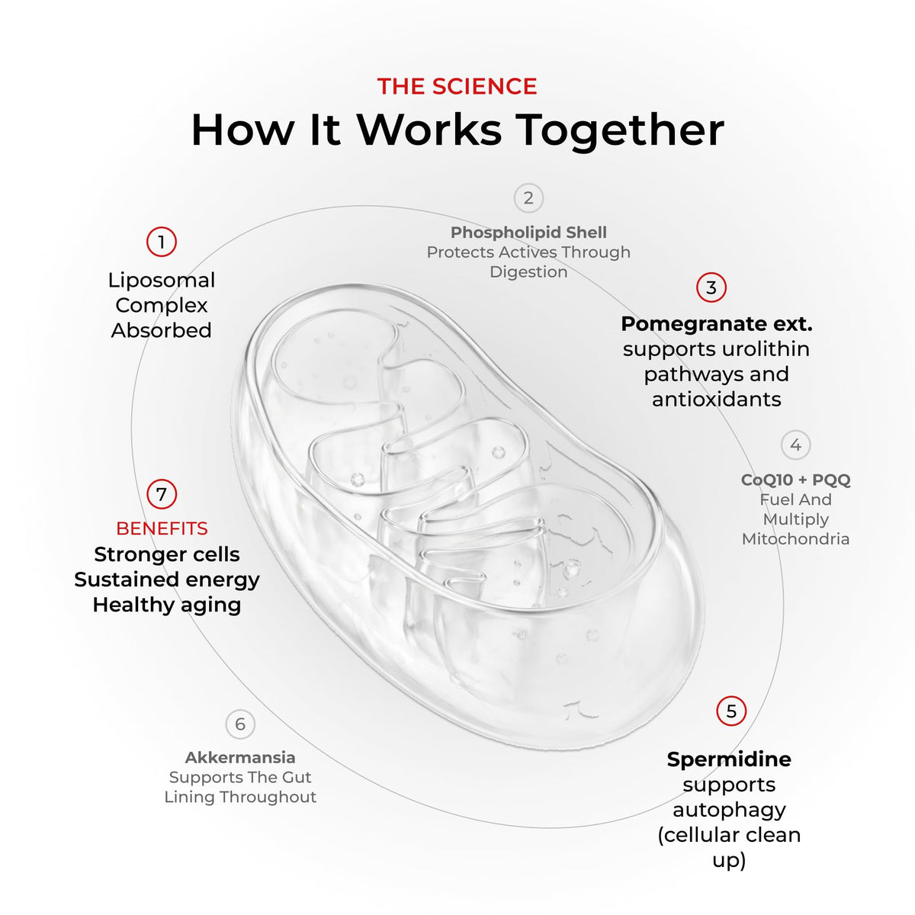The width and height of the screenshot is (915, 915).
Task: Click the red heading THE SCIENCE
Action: (457, 86)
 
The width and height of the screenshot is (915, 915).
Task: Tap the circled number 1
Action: (162, 242)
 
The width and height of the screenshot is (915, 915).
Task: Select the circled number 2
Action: (528, 198)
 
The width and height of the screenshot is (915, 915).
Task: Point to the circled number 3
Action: (711, 287)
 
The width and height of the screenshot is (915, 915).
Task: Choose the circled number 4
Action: (796, 445)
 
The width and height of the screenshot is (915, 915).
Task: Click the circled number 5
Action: (731, 711)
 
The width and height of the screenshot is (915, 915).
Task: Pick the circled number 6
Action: (240, 724)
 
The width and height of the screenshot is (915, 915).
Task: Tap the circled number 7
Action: (162, 494)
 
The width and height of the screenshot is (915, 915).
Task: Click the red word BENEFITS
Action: (162, 528)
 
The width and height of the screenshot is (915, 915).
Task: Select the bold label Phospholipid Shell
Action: (528, 233)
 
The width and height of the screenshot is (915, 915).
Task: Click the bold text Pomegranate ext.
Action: (717, 324)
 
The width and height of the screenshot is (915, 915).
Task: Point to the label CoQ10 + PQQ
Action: (796, 480)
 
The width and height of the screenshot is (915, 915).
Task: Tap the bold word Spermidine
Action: (729, 759)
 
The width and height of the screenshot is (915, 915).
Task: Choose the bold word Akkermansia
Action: (240, 757)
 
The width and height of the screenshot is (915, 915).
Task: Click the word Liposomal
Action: (162, 280)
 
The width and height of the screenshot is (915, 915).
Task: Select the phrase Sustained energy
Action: (167, 579)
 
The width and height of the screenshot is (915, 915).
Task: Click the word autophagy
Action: (729, 810)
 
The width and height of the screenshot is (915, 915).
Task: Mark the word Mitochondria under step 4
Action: (796, 539)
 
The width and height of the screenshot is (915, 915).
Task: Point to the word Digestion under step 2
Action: (528, 272)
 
